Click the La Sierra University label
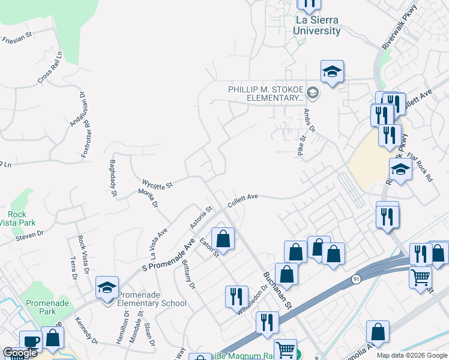click(x=318, y=25)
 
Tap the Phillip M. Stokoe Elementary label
click(x=265, y=94)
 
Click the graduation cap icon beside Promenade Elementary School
click(x=107, y=288)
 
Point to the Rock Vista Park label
click(x=17, y=218)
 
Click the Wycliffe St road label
click(x=157, y=183)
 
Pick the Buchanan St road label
click(x=277, y=290)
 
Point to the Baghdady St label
click(x=112, y=178)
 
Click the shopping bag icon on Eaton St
click(x=223, y=239)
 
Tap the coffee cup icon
click(x=30, y=341)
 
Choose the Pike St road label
click(x=302, y=146)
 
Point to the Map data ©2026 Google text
click(x=412, y=355)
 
